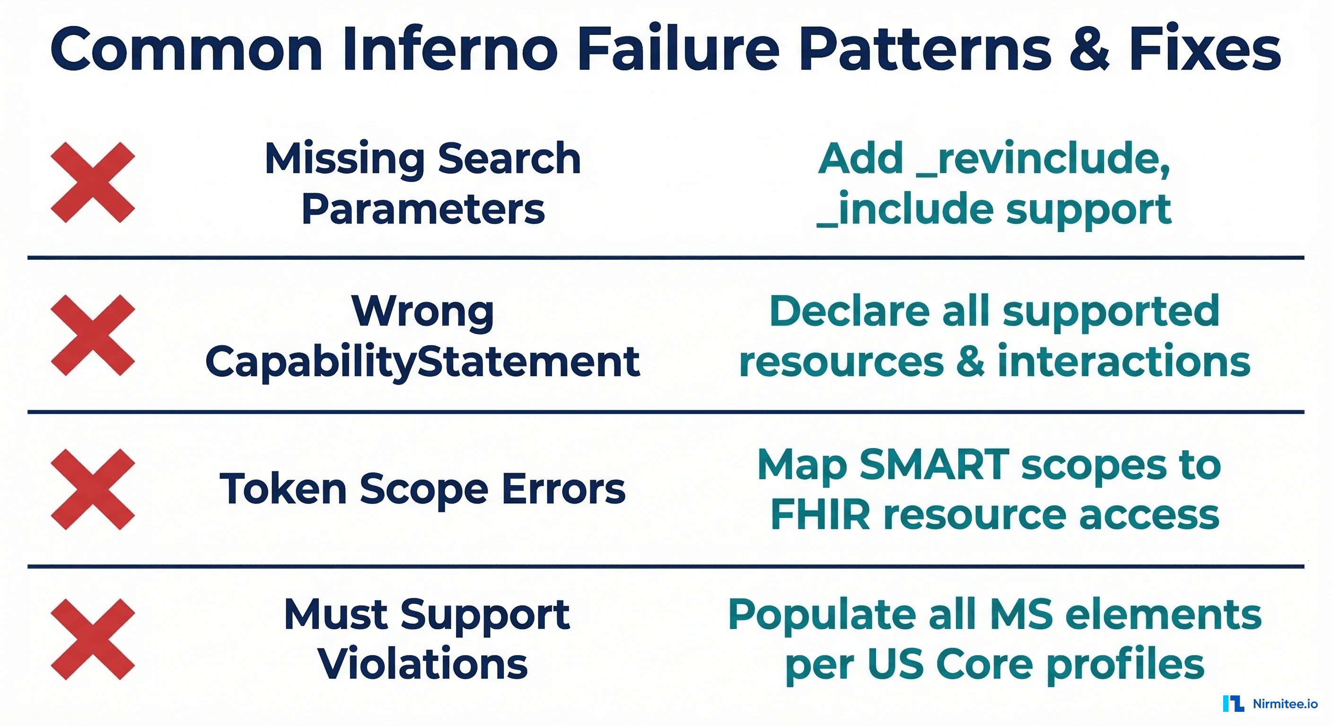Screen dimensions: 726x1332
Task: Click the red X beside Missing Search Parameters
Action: (x=93, y=182)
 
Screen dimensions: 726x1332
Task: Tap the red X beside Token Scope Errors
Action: (x=93, y=489)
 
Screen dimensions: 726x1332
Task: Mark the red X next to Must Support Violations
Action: (x=93, y=639)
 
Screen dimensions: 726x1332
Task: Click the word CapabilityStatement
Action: (x=422, y=362)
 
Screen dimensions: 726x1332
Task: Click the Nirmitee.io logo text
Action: (x=1285, y=704)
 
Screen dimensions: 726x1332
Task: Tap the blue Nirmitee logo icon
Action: (x=1234, y=704)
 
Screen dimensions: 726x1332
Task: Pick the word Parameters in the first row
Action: (x=422, y=209)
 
